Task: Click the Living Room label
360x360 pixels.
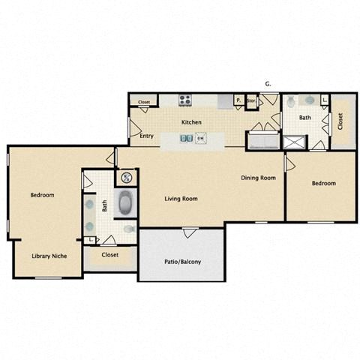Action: point(181,199)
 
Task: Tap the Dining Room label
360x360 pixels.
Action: point(258,178)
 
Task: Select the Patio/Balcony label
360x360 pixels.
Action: point(182,262)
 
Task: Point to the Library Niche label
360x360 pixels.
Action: point(49,256)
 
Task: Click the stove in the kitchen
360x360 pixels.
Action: point(184,100)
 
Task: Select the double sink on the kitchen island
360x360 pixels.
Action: point(185,138)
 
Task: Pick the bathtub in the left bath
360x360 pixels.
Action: point(125,203)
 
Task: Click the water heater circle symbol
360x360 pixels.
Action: point(126,178)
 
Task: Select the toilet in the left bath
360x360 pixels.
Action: point(129,228)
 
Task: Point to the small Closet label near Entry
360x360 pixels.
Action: point(144,100)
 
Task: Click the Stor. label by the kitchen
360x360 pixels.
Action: point(251,100)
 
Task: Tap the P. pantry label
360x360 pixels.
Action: point(238,100)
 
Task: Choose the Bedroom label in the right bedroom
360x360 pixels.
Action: point(323,183)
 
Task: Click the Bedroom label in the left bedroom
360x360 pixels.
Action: point(42,195)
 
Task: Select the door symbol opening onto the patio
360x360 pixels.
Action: point(190,232)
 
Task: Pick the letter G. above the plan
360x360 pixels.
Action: point(268,83)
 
